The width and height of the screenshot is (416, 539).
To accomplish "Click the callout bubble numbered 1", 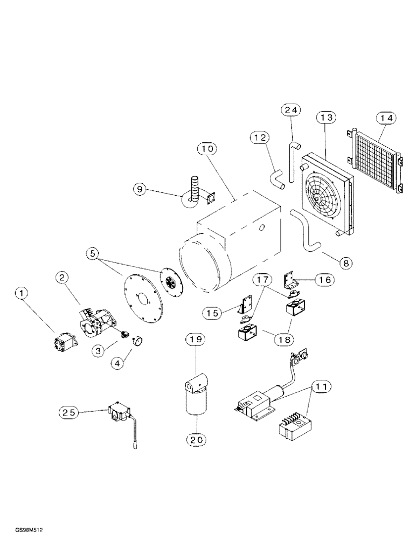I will click(x=22, y=293).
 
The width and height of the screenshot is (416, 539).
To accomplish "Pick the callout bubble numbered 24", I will click(x=291, y=110).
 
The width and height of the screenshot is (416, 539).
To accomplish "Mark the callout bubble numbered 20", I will click(x=196, y=439).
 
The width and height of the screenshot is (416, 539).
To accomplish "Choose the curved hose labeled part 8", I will click(x=305, y=232).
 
